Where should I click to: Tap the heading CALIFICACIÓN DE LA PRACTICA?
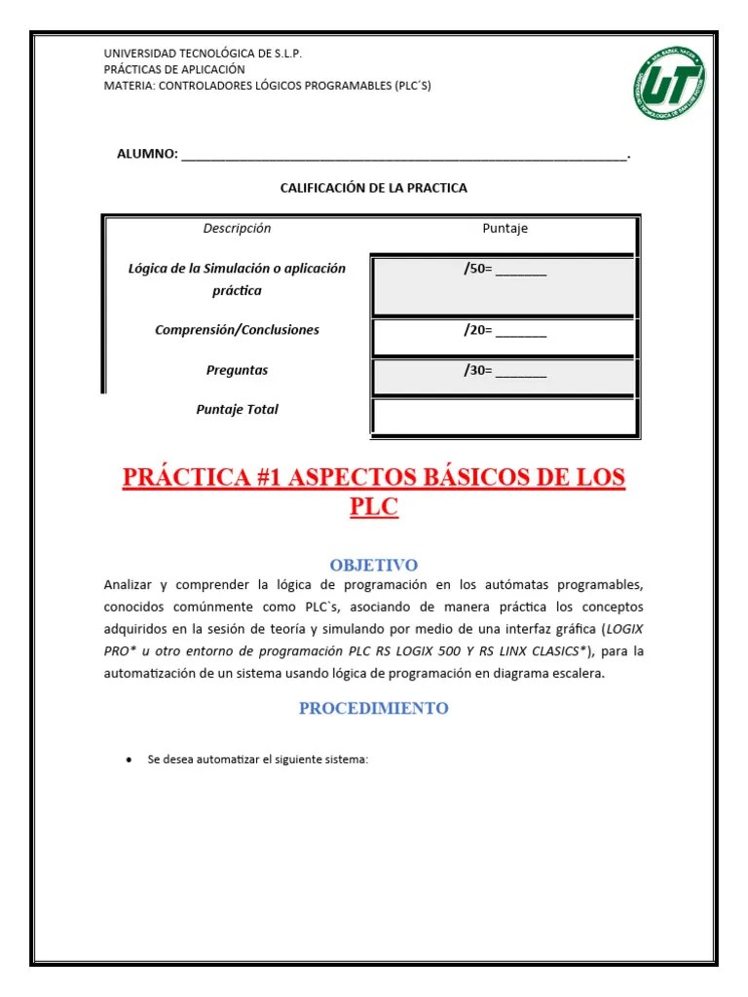[x=373, y=188]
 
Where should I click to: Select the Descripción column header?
[x=237, y=229]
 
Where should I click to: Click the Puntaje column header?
[x=505, y=229]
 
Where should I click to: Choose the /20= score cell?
[x=505, y=331]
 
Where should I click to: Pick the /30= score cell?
[x=505, y=371]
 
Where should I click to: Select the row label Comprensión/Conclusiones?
[x=237, y=330]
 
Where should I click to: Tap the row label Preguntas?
[x=237, y=370]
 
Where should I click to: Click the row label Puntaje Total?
[x=237, y=410]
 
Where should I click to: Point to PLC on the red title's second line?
[x=373, y=507]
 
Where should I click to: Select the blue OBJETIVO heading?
[x=373, y=565]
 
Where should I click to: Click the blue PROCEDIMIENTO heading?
[x=373, y=708]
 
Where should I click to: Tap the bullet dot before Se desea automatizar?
[x=129, y=759]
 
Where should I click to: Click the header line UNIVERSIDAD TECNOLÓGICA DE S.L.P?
[x=203, y=54]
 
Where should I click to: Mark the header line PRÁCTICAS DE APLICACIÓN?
[x=174, y=69]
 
